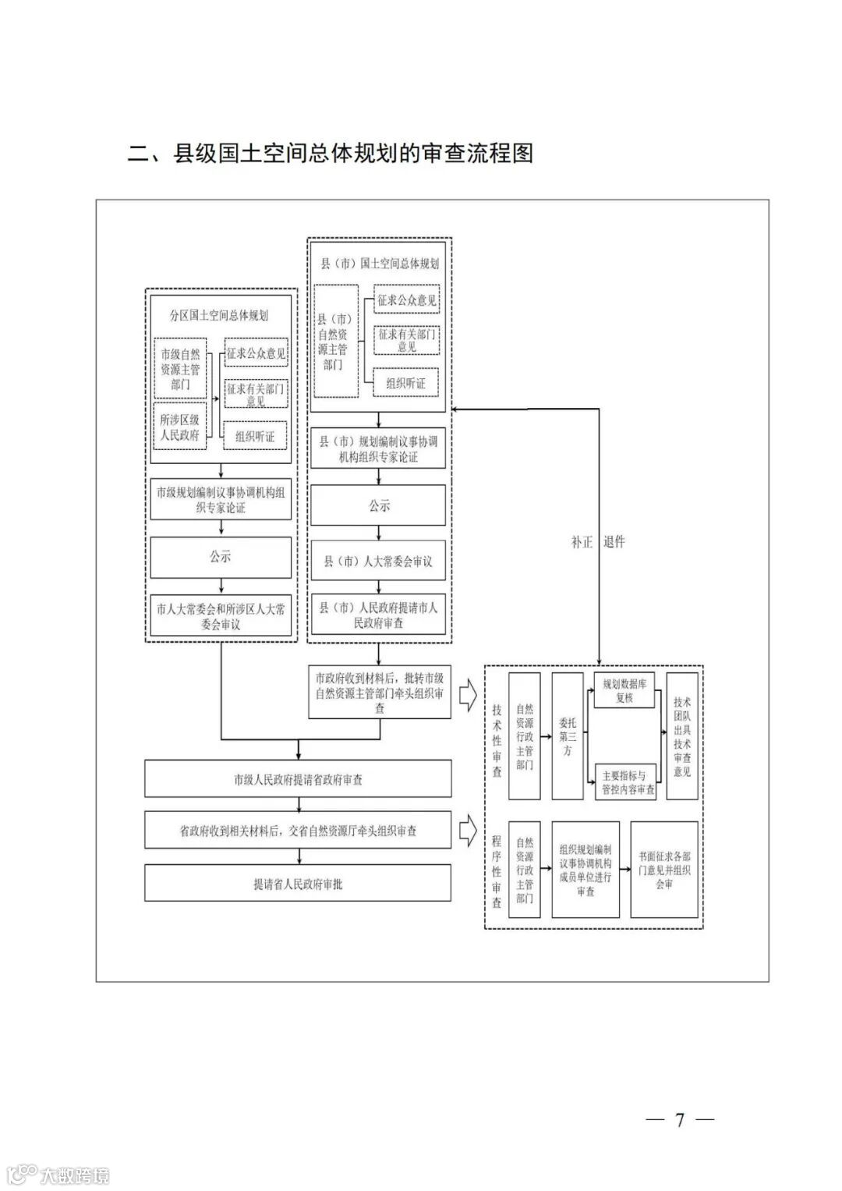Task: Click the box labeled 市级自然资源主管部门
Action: pos(180,369)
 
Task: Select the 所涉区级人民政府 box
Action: pos(180,427)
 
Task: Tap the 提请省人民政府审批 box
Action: pos(298,884)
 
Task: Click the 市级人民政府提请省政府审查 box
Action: pos(298,779)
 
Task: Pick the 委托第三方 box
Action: pos(568,736)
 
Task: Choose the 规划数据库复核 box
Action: pos(624,690)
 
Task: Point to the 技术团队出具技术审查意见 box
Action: pos(682,736)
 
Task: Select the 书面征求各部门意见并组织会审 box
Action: pos(663,869)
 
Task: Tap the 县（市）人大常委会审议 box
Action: pos(379,562)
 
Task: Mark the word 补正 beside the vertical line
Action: pos(582,542)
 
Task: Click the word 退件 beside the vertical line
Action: pos(614,542)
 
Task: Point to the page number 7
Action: pos(679,1120)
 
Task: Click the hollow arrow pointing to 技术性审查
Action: pos(468,693)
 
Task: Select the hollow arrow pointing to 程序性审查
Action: pos(468,831)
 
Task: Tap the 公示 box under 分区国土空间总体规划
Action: pos(221,558)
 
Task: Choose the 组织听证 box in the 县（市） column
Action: pos(405,383)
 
